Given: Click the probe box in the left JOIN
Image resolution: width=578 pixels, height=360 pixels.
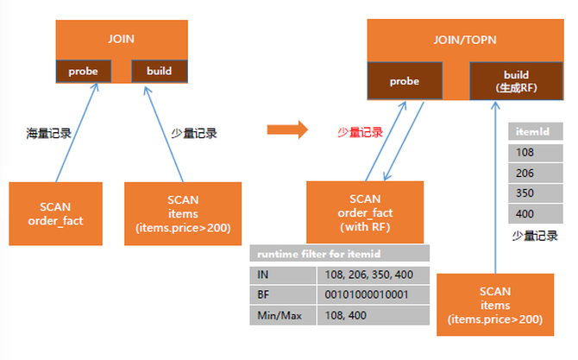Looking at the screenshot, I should [x=83, y=71].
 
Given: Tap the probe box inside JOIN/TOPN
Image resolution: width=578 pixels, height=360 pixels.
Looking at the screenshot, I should [x=404, y=81].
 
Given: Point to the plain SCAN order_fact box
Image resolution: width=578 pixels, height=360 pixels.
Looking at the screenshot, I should [x=55, y=213].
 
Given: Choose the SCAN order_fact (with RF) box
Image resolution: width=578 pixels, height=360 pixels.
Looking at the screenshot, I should [x=365, y=212].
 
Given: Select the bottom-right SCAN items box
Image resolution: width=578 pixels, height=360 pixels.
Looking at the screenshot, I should [x=495, y=305].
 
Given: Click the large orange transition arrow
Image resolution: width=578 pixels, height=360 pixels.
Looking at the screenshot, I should [x=286, y=130].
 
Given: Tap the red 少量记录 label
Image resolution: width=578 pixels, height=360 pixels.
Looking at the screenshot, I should [x=359, y=133].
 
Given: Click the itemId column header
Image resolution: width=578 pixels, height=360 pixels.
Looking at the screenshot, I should [x=536, y=132].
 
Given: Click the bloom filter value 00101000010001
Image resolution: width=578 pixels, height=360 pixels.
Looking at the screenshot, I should [x=373, y=294].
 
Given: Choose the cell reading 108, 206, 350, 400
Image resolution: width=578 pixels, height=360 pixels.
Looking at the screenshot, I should [x=373, y=275].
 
